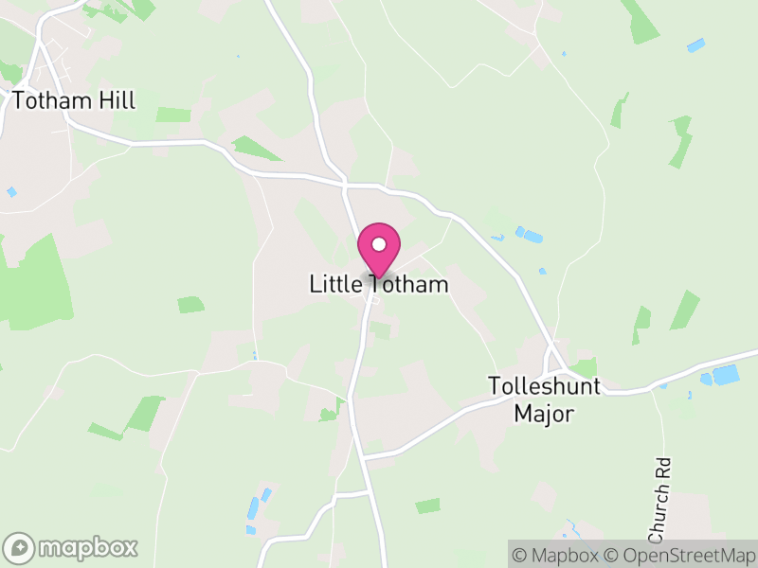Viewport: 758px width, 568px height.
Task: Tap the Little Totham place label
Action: pos(379,284)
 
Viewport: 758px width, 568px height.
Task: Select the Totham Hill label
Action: pos(74,100)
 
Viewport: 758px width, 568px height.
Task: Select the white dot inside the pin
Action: pos(379,244)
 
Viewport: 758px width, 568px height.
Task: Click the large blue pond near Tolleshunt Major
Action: pos(726,375)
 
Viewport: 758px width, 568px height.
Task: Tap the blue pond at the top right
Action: pos(696,44)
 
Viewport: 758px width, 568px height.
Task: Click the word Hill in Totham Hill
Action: pos(116,100)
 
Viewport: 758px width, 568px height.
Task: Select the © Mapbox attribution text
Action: pos(556,554)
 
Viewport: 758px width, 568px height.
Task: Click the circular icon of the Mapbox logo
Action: pos(21,547)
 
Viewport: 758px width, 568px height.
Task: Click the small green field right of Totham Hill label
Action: pos(173,115)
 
